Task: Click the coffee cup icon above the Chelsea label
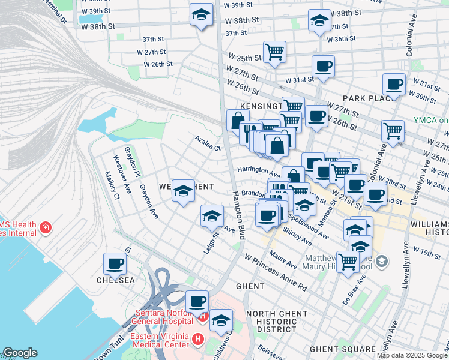(115, 263)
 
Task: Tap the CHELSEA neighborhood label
(115, 280)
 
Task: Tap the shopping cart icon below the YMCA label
(393, 130)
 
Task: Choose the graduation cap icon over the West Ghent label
(183, 190)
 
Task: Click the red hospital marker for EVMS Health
(45, 228)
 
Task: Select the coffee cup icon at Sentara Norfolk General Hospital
(196, 301)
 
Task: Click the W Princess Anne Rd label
(276, 272)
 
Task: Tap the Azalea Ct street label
(208, 143)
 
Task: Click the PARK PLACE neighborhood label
(367, 98)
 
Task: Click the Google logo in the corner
(20, 353)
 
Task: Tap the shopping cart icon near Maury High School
(348, 262)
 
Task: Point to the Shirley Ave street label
(296, 236)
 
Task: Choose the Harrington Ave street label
(259, 171)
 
